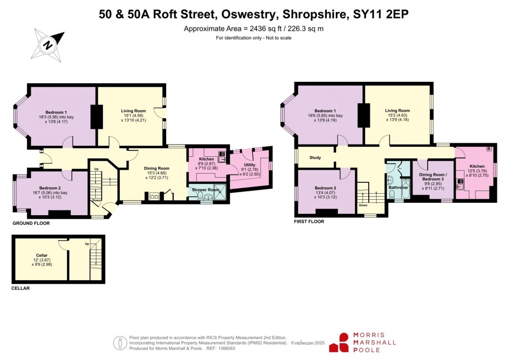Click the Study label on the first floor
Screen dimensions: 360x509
(x=315, y=158)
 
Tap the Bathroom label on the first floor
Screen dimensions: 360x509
(x=398, y=187)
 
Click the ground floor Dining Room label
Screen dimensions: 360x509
(x=157, y=168)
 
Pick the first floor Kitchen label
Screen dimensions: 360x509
(x=477, y=166)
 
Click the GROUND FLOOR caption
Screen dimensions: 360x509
(x=31, y=223)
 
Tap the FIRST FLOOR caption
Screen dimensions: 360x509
(x=309, y=221)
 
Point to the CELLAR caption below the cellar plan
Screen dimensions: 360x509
(x=20, y=289)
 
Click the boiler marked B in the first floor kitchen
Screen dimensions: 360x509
(x=489, y=149)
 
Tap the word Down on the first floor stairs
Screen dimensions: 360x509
(x=363, y=205)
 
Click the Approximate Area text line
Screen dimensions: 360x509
(x=254, y=28)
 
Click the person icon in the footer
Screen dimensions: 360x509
(x=120, y=343)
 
